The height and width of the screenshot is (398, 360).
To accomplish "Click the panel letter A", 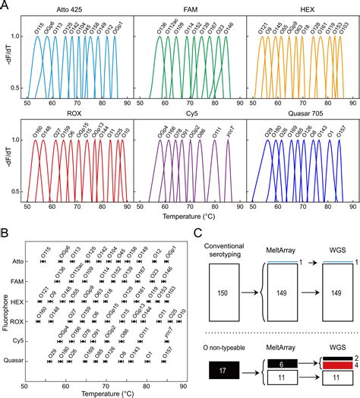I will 5,5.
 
